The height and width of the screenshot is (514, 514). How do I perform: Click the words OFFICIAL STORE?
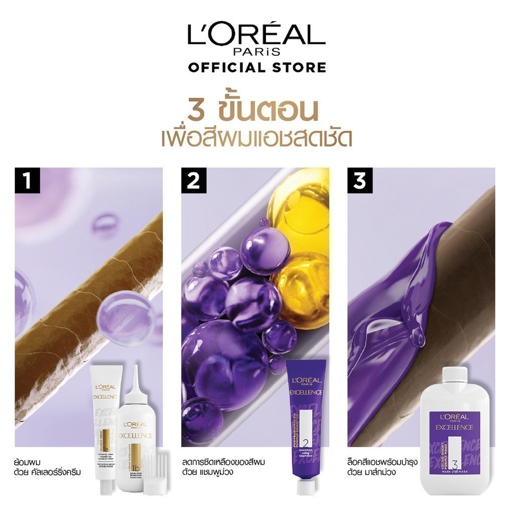pyautogui.click(x=257, y=67)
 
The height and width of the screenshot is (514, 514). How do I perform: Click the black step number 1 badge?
pyautogui.click(x=27, y=181)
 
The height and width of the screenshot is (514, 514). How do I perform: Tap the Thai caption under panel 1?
pyautogui.click(x=48, y=466)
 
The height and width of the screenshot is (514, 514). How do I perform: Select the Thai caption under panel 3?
pyautogui.click(x=381, y=466)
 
